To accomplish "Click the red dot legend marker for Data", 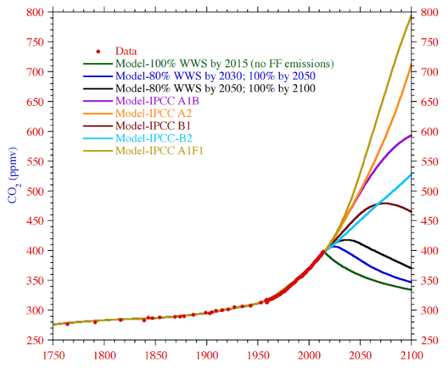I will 99,51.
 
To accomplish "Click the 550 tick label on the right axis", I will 428,161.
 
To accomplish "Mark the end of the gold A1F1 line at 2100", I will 411,15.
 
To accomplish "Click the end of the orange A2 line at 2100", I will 411,64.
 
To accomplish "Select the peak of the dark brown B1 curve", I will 384,203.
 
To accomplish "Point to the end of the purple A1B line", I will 411,135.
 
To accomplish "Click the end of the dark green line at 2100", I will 411,289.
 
